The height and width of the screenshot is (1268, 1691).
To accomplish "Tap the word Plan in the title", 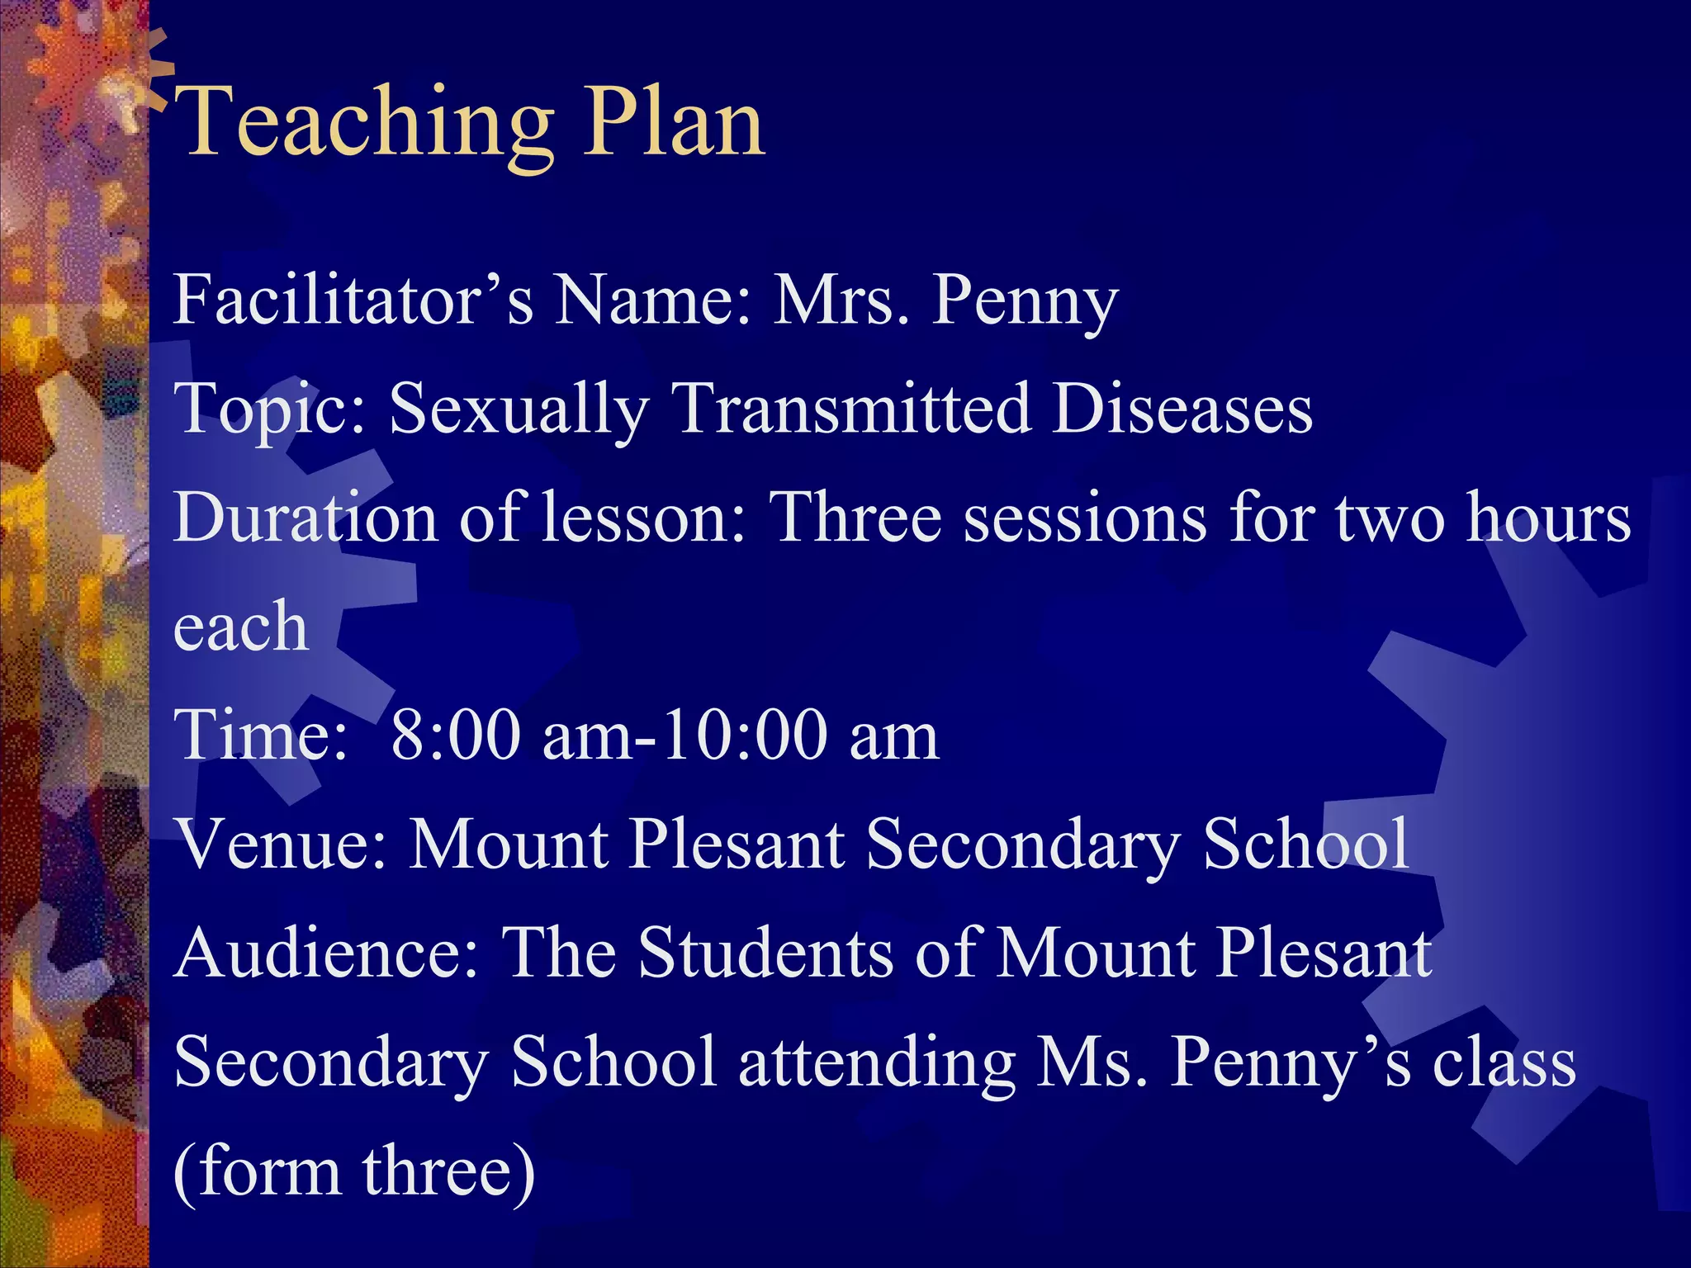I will click(x=674, y=124).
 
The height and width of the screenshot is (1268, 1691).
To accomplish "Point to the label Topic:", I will click(x=269, y=409).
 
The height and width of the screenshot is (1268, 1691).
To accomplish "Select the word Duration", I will click(x=306, y=518).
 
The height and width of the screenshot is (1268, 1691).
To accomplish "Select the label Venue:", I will click(x=281, y=844).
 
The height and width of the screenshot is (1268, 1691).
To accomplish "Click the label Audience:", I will click(x=327, y=953).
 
